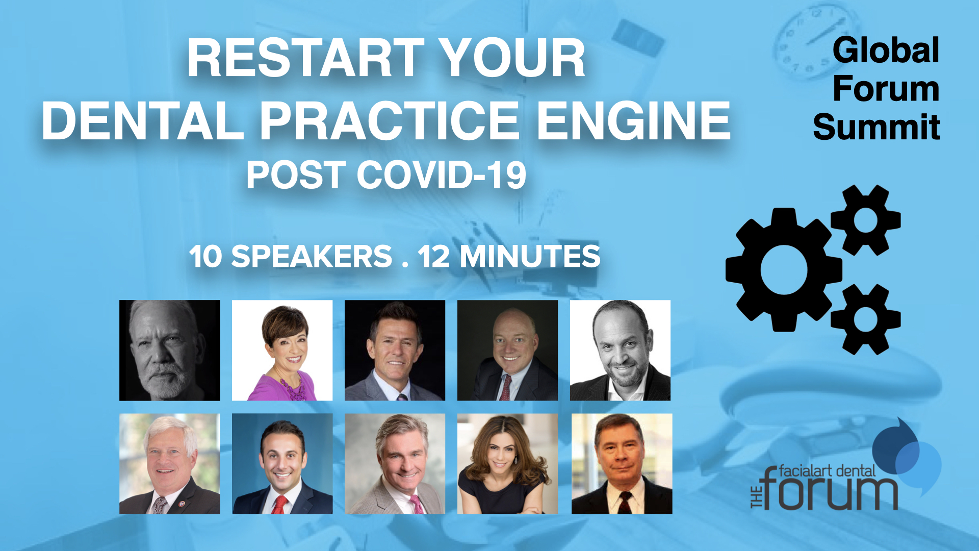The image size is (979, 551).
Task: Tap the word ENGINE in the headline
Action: [x=634, y=120]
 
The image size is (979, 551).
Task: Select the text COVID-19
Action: [x=442, y=175]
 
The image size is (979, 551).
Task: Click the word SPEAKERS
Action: [x=312, y=256]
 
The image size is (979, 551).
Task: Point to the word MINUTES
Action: [x=530, y=256]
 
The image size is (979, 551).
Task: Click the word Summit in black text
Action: [x=877, y=127]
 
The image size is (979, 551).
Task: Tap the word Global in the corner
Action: [x=886, y=51]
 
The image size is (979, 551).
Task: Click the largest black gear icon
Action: [x=784, y=270]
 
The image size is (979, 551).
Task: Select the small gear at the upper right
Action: [x=866, y=220]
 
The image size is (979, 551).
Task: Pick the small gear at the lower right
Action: [x=866, y=319]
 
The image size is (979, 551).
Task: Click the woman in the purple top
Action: [x=282, y=350]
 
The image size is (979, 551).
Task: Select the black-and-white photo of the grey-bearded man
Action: [x=170, y=350]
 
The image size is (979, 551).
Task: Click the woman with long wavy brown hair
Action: [x=507, y=464]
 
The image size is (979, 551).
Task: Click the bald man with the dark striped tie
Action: [x=507, y=350]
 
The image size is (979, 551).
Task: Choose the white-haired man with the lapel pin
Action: [x=170, y=464]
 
